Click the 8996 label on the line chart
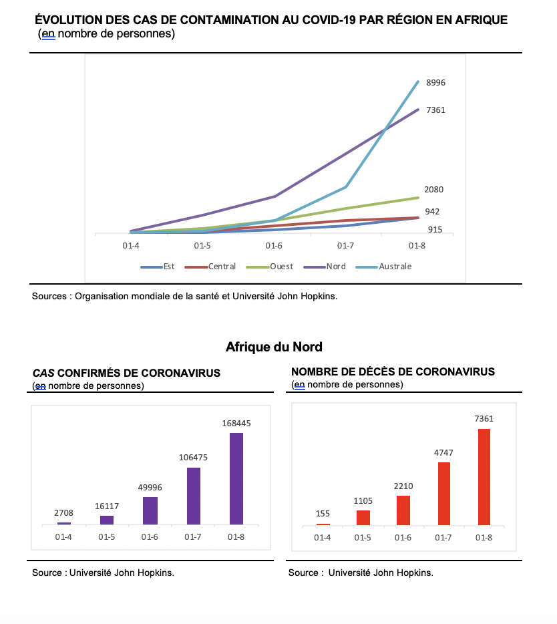[x=435, y=83]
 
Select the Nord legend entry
[x=325, y=267]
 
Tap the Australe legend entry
[x=384, y=267]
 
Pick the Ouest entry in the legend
[x=270, y=267]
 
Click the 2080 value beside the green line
[x=433, y=190]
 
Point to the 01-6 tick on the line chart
[x=274, y=246]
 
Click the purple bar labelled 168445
[x=236, y=479]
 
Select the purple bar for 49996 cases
[x=150, y=511]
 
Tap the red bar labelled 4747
[x=444, y=494]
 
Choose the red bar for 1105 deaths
[x=363, y=518]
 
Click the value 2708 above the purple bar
[x=63, y=513]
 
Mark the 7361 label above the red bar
[x=484, y=419]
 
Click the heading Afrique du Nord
[x=274, y=347]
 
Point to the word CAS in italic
[x=43, y=373]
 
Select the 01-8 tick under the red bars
[x=484, y=538]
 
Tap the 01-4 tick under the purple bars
[x=63, y=537]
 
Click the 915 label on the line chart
[x=435, y=230]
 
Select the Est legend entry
[x=158, y=267]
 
